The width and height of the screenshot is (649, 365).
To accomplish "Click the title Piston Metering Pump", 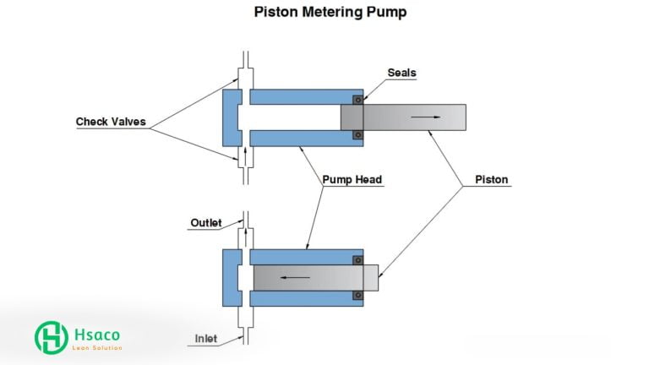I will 324,14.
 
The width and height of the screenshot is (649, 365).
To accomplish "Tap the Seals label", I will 401,73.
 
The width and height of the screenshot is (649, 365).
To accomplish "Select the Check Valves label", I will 111,122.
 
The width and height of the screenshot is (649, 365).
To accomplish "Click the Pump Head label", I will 352,179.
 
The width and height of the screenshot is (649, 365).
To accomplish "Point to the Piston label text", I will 492,179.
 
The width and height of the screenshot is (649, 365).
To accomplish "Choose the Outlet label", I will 205,223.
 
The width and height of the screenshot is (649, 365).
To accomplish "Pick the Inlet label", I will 205,339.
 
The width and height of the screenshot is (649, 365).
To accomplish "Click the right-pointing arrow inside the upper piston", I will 431,117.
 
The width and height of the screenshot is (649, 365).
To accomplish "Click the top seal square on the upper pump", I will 357,101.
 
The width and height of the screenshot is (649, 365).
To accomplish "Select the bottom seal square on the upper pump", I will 357,134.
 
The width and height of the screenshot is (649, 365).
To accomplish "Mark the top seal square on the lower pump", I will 357,260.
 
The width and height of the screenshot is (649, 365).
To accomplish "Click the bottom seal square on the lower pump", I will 357,295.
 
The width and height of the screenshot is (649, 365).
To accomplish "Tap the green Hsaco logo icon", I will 51,337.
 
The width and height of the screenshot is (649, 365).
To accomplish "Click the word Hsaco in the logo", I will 95,333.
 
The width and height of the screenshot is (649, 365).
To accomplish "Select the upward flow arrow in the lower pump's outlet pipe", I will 245,232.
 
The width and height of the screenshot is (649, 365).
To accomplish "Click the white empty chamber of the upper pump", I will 292,117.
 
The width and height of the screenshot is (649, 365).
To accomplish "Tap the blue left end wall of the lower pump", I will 229,277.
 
